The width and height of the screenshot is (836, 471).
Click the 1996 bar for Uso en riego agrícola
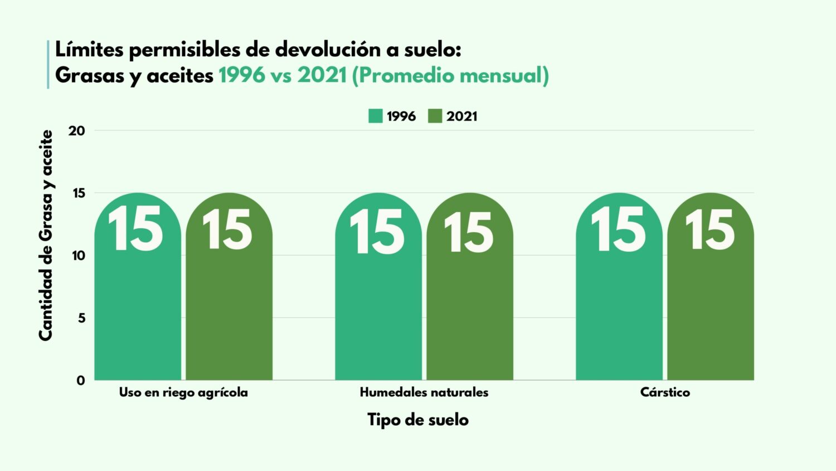[138, 301]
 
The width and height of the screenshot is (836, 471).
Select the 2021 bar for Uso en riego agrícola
[229, 301]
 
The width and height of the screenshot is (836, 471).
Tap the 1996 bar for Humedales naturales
[378, 301]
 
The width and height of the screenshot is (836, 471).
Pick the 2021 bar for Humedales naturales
[470, 301]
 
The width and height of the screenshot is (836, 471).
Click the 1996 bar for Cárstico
[619, 301]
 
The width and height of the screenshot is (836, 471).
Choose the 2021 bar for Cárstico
[711, 301]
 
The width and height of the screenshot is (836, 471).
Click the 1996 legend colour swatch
[376, 116]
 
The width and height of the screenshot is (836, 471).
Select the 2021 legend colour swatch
[435, 116]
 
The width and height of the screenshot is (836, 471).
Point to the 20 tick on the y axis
[77, 131]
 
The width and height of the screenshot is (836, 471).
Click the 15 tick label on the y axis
[79, 193]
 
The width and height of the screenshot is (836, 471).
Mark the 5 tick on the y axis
[81, 318]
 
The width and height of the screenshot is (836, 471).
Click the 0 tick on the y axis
[81, 381]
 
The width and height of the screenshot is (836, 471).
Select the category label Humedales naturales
[424, 392]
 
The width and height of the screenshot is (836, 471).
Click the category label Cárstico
[665, 392]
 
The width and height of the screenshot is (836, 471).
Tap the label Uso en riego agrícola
[183, 392]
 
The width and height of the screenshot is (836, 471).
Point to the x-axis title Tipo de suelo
[418, 420]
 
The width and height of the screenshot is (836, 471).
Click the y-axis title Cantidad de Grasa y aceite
[46, 235]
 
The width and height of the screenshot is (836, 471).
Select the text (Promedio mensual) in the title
[450, 75]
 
